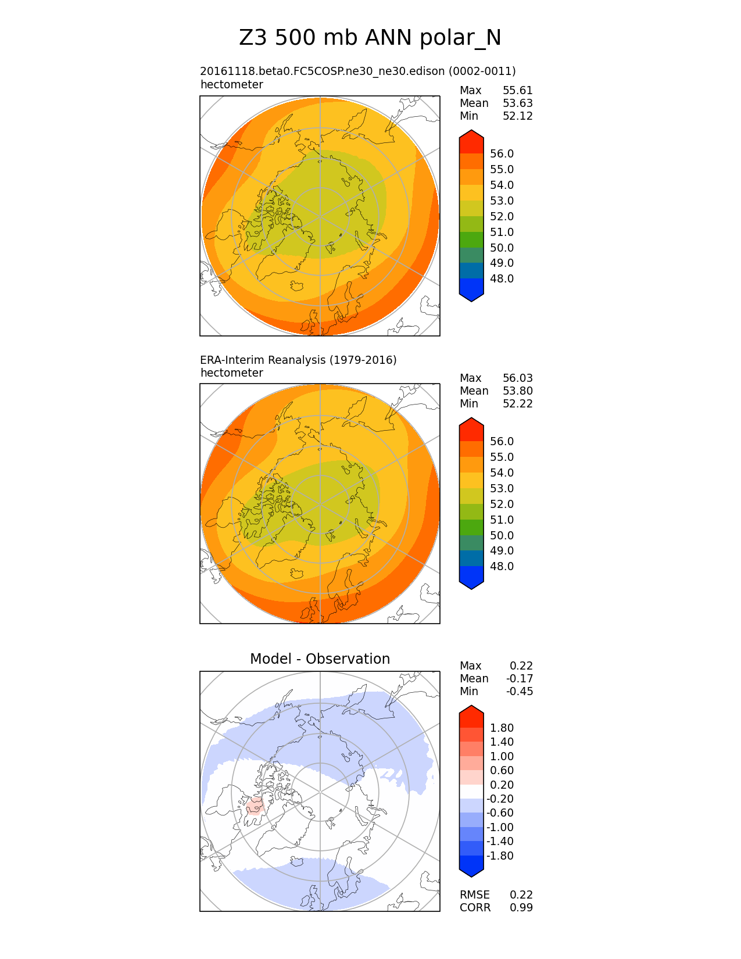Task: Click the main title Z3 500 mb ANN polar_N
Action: click(x=370, y=38)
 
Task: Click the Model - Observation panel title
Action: click(x=320, y=659)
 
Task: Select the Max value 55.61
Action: click(x=517, y=91)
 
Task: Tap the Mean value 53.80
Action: click(x=517, y=391)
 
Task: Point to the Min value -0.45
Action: click(x=520, y=691)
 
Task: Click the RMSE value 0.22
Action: click(x=521, y=894)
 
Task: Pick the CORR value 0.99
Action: click(x=521, y=907)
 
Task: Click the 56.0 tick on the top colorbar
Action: click(x=502, y=153)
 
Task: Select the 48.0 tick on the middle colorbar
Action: click(x=502, y=566)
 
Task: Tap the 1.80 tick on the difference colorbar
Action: click(x=502, y=728)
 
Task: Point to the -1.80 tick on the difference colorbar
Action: click(x=500, y=856)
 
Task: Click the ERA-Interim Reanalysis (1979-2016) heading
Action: click(x=298, y=360)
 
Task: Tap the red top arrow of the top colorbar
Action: click(x=471, y=141)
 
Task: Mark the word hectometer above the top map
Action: click(x=232, y=84)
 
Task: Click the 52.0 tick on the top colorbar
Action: click(x=502, y=216)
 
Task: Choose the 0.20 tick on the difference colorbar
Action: click(x=502, y=785)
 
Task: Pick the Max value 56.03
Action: click(x=517, y=378)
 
